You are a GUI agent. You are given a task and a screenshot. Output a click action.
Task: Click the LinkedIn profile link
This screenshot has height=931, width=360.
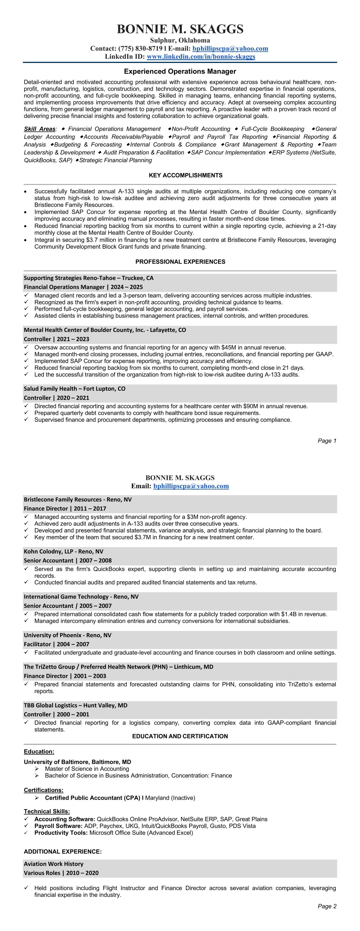click(201, 57)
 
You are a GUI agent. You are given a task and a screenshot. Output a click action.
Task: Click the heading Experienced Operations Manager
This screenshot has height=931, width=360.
click(180, 71)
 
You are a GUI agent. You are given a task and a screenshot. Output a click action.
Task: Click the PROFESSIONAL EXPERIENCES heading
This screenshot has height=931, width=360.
click(180, 262)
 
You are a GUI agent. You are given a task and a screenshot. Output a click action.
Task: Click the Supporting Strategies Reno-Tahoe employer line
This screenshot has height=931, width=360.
click(89, 278)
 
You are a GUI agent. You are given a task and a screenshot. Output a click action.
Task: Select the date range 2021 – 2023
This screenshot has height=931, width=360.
click(73, 339)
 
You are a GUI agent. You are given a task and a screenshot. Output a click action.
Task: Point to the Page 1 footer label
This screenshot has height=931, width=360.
click(327, 441)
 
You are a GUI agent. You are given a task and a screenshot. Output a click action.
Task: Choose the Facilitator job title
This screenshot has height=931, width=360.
click(37, 644)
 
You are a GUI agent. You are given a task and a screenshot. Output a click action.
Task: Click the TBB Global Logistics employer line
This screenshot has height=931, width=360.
click(76, 705)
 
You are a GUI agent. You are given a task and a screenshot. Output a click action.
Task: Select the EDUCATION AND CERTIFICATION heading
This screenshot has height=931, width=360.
click(180, 736)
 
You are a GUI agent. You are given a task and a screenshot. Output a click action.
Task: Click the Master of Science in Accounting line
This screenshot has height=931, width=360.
click(87, 769)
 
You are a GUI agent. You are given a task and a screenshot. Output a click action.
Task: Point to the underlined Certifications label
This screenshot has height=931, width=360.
click(43, 790)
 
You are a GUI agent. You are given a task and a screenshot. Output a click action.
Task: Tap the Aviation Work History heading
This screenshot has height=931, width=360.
click(53, 864)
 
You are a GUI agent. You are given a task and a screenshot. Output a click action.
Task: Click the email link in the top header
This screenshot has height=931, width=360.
click(230, 49)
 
